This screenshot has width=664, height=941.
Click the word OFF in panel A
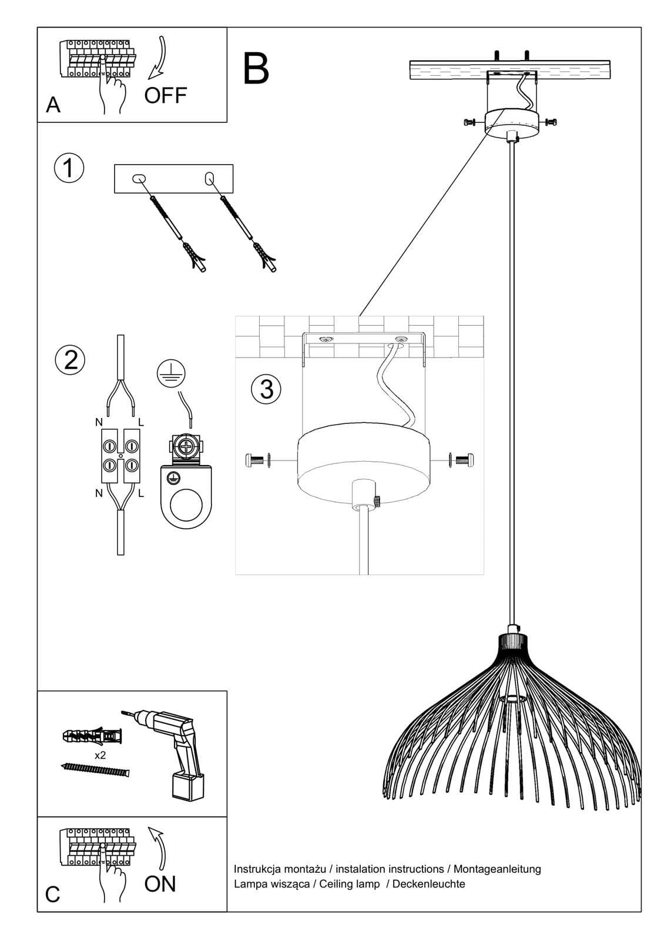165,95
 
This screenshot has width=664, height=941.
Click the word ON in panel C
160,883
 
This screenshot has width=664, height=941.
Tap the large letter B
256,69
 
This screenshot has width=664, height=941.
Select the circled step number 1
69,168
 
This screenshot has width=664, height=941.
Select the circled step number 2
70,359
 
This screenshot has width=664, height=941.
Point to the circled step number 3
266,389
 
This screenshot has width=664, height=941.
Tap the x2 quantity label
100,755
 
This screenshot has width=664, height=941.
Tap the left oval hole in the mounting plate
139,178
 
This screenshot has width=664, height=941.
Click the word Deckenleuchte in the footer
428,884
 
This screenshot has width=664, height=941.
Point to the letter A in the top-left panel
53,105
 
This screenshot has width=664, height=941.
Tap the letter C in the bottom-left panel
53,895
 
